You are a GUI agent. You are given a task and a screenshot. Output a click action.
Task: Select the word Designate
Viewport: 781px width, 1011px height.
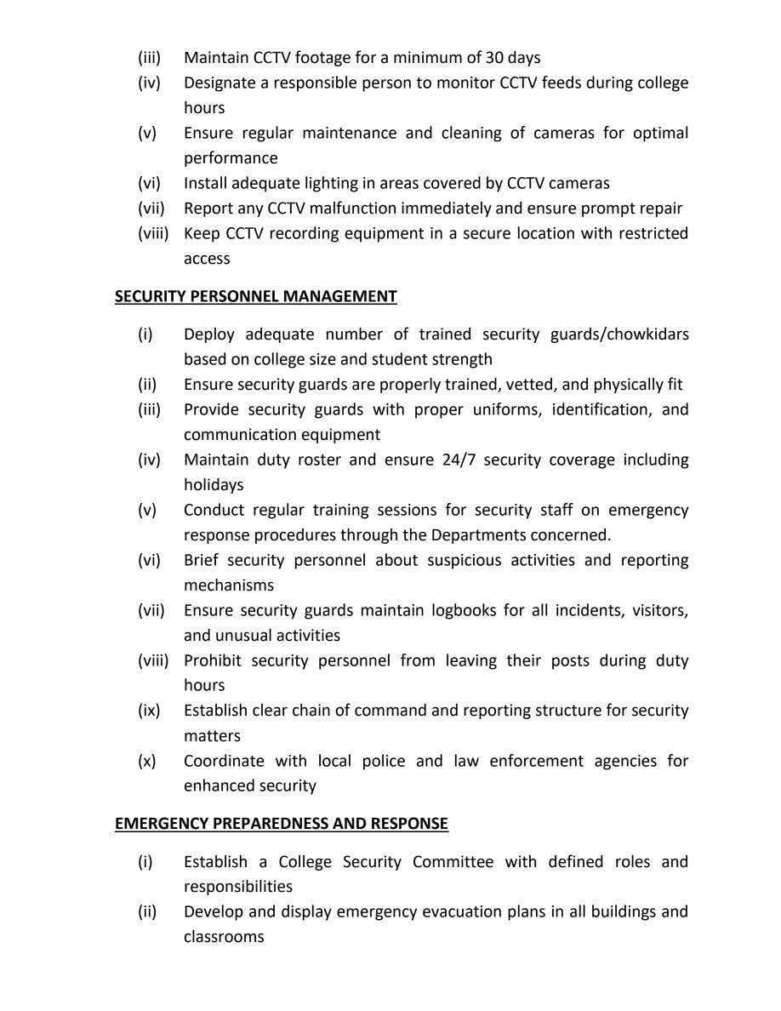[x=220, y=83]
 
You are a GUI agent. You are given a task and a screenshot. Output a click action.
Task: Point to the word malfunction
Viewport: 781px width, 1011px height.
[x=350, y=208]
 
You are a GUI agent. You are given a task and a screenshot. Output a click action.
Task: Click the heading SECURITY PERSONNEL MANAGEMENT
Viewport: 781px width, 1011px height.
[x=255, y=296]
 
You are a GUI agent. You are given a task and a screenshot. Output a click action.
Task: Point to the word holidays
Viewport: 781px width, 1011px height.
[x=214, y=485]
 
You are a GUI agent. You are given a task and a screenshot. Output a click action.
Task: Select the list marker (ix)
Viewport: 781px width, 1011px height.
[x=149, y=711]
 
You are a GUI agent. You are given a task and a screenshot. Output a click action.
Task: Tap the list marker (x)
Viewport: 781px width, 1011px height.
[x=147, y=761]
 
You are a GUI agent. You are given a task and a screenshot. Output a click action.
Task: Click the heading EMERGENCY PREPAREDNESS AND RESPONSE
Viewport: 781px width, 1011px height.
[x=281, y=824]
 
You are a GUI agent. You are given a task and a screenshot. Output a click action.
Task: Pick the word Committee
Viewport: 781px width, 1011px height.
[x=453, y=862]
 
